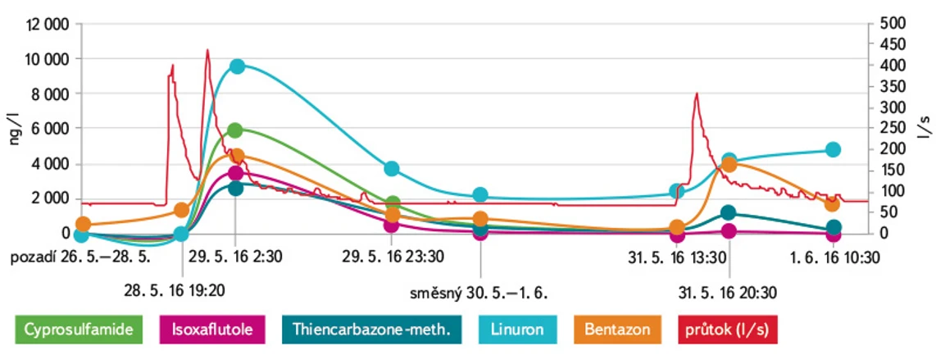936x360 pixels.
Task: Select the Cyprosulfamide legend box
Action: [x=79, y=330]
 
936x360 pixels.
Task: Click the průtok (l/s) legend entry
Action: [x=724, y=330]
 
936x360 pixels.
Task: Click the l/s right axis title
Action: [x=925, y=128]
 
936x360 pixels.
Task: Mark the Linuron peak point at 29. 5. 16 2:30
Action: [x=237, y=66]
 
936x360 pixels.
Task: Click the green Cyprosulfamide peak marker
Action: [x=235, y=130]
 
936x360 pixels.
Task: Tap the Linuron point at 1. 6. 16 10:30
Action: [x=833, y=149]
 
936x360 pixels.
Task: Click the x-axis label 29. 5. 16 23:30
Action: [x=393, y=257]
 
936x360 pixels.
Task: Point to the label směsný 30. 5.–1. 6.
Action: [x=479, y=292]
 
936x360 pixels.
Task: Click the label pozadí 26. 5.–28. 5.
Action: [x=80, y=257]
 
